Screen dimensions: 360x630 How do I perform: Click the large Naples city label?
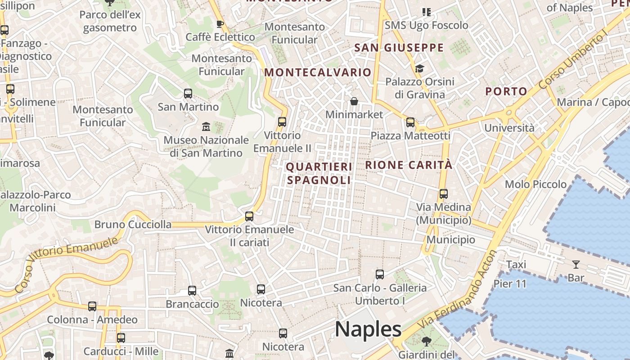[368, 329]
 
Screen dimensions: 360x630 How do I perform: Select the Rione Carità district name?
[409, 165]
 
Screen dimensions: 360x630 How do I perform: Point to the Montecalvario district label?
[318, 72]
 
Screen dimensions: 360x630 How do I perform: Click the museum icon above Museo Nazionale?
[206, 126]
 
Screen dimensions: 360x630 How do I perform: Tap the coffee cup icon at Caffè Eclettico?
[220, 24]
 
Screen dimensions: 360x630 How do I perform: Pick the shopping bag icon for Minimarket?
[354, 101]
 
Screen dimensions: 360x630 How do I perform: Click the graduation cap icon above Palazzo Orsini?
[419, 68]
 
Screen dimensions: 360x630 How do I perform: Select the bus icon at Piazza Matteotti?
[410, 122]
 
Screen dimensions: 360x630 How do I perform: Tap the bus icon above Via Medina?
[444, 194]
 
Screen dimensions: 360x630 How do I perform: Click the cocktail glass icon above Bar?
[576, 265]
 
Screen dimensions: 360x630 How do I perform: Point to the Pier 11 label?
[510, 284]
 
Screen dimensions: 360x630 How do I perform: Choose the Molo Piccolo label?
[535, 184]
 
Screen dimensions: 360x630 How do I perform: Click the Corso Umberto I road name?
[572, 56]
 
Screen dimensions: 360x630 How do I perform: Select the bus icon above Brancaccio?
[192, 291]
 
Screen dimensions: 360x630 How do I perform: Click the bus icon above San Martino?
[188, 94]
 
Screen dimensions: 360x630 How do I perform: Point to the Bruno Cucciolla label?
[133, 224]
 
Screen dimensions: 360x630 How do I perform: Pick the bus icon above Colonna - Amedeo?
[92, 306]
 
